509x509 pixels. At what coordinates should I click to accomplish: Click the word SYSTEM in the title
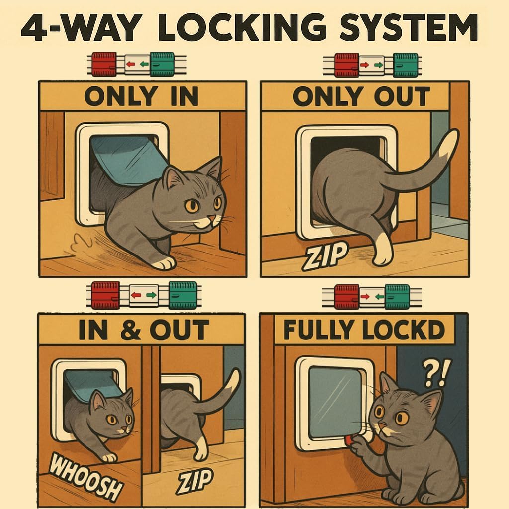(409, 27)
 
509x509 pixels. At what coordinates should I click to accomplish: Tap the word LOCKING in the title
(243, 27)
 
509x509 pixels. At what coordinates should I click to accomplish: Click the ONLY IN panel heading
(141, 96)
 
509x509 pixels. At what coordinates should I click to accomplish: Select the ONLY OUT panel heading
(361, 96)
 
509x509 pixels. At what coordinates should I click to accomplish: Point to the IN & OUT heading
(144, 330)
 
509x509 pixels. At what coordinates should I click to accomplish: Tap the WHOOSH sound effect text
(85, 477)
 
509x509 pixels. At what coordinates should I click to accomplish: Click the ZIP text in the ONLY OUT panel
(324, 257)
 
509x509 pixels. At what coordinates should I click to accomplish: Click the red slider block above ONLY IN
(104, 64)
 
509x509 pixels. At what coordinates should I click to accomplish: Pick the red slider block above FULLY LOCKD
(346, 297)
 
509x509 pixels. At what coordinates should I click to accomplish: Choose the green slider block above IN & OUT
(183, 295)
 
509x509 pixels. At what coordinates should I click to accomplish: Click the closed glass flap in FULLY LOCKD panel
(335, 403)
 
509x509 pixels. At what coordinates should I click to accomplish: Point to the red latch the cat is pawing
(349, 440)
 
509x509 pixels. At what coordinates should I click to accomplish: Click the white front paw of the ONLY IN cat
(165, 262)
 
